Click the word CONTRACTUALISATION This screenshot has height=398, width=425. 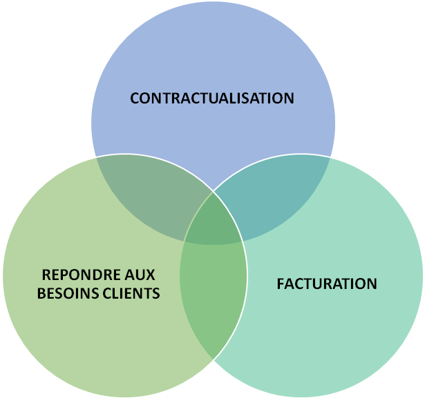212,98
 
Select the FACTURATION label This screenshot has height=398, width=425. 327,283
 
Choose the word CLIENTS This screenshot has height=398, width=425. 135,293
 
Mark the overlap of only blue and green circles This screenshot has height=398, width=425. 155,197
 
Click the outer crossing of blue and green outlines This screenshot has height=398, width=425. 95,157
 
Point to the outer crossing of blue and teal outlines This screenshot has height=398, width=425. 331,157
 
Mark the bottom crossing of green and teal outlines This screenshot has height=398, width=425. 213,359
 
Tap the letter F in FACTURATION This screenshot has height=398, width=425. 280,283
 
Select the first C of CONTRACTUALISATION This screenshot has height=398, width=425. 135,98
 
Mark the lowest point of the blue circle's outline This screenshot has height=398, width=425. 213,246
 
